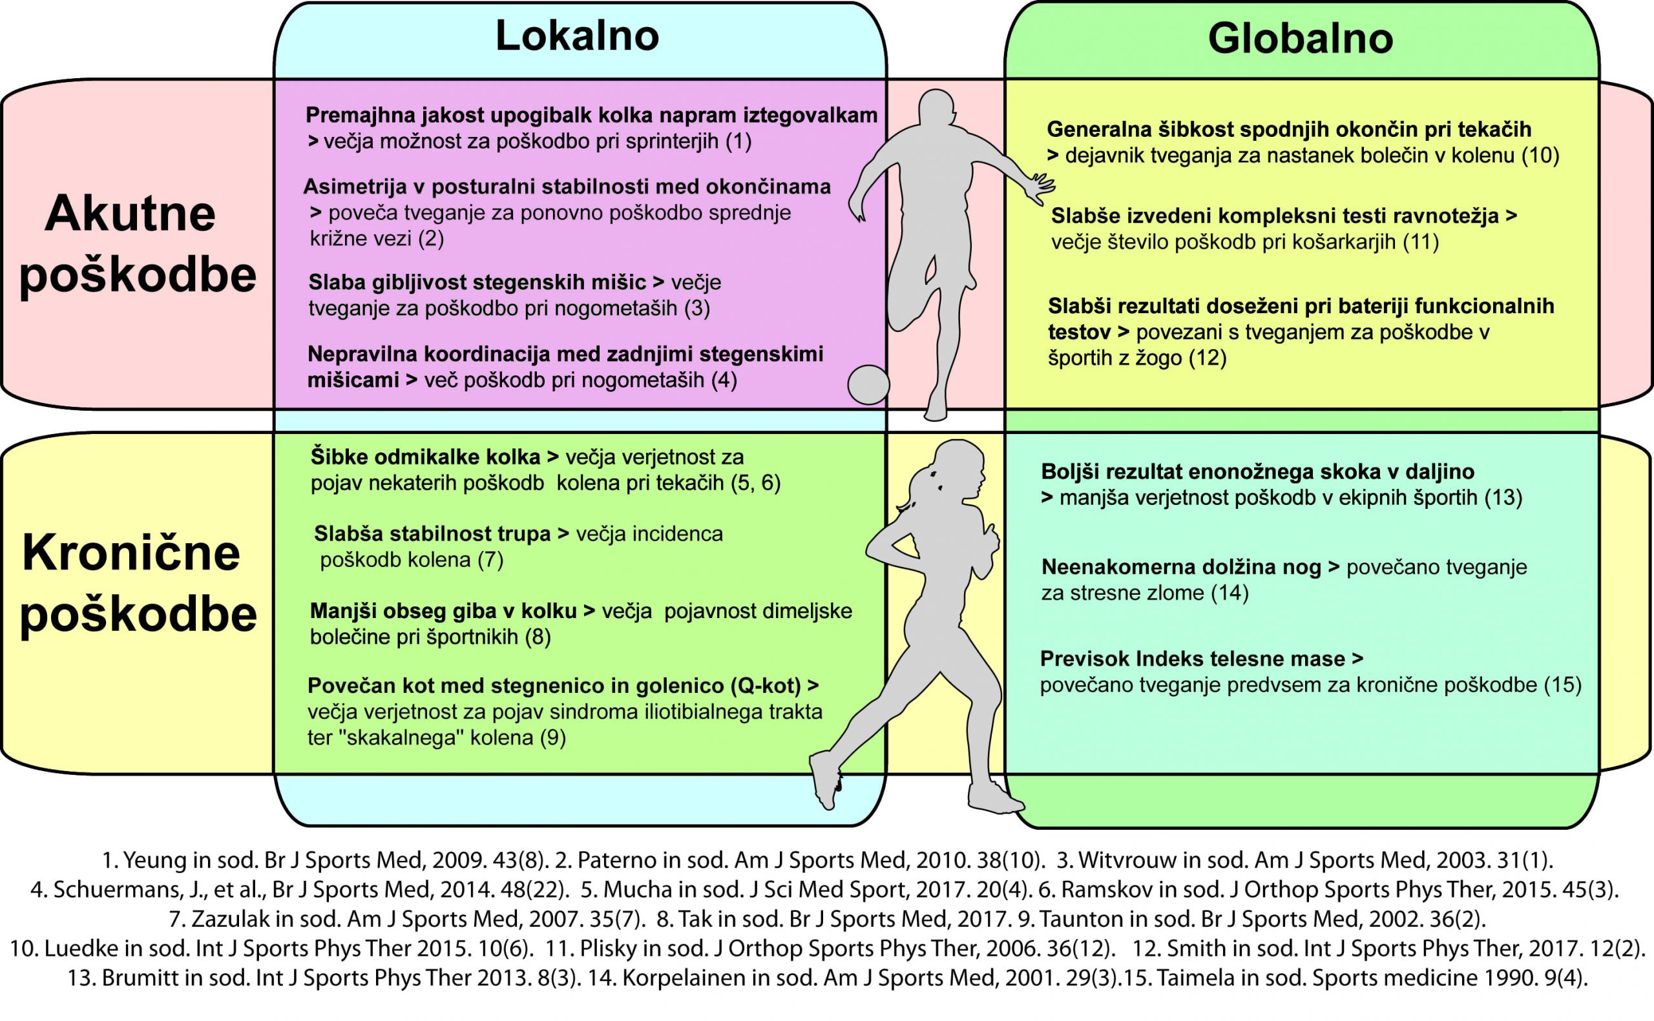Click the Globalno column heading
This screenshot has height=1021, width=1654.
click(1300, 39)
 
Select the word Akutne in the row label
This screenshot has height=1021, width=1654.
click(130, 214)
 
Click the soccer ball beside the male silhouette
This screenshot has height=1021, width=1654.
click(868, 385)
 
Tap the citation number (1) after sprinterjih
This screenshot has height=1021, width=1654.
click(738, 142)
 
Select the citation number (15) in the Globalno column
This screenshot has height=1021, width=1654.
click(1563, 685)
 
